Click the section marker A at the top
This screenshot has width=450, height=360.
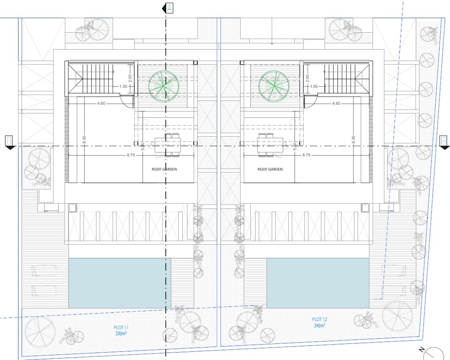[168, 8]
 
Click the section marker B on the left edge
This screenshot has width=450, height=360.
[10, 142]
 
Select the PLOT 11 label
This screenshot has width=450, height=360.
[121, 327]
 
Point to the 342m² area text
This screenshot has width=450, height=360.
[319, 325]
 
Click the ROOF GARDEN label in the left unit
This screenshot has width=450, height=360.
[164, 169]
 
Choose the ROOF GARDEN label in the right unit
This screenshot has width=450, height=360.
[270, 169]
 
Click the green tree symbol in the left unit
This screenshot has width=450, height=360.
[164, 86]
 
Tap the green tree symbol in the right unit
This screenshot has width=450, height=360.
[274, 86]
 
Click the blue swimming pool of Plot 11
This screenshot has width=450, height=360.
[120, 283]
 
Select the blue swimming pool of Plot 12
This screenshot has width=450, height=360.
[318, 283]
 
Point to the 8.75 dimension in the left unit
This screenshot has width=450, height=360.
[131, 155]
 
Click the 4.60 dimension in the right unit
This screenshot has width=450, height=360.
[336, 103]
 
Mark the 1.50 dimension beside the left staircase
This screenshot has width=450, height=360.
[123, 86]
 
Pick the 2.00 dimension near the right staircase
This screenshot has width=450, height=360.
[307, 78]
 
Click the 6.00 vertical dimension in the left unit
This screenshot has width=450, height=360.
[84, 140]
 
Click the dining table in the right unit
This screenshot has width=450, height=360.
[270, 145]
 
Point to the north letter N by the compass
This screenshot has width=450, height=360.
[422, 349]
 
